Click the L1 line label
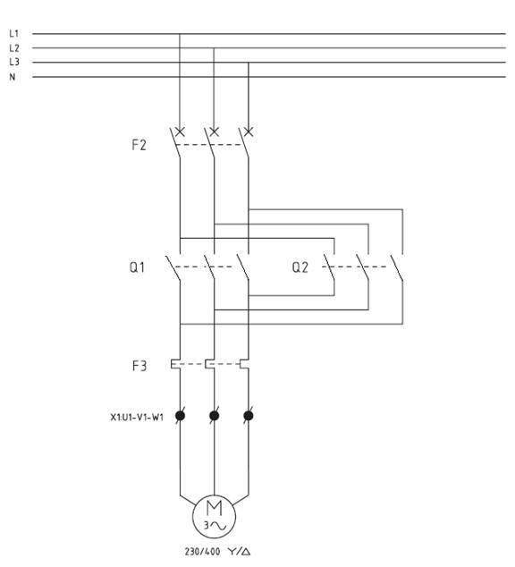point(13,34)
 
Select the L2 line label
point(14,47)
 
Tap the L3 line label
point(14,62)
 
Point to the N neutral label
point(13,77)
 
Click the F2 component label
point(139,145)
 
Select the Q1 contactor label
point(138,267)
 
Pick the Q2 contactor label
point(300,267)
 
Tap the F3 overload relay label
point(139,366)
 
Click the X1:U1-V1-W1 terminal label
point(137,418)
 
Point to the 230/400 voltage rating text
point(202,552)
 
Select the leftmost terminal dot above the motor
point(180,416)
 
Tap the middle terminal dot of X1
point(214,416)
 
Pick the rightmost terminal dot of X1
point(249,416)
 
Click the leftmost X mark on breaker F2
point(180,131)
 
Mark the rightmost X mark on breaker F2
point(249,131)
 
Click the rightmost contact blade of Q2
point(396,267)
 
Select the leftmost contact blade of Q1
point(173,267)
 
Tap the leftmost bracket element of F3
point(175,364)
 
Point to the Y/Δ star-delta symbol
point(240,552)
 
